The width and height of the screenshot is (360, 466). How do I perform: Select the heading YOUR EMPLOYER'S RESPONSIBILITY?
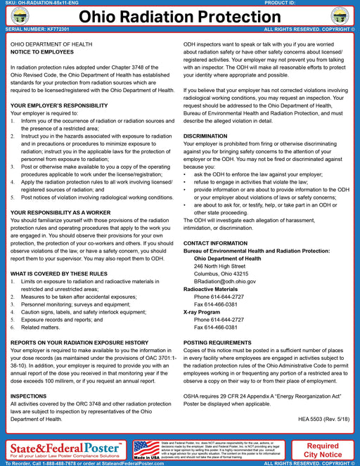[58, 105]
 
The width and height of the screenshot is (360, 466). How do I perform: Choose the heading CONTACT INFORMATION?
[215, 243]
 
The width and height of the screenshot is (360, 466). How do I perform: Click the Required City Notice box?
[323, 449]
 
